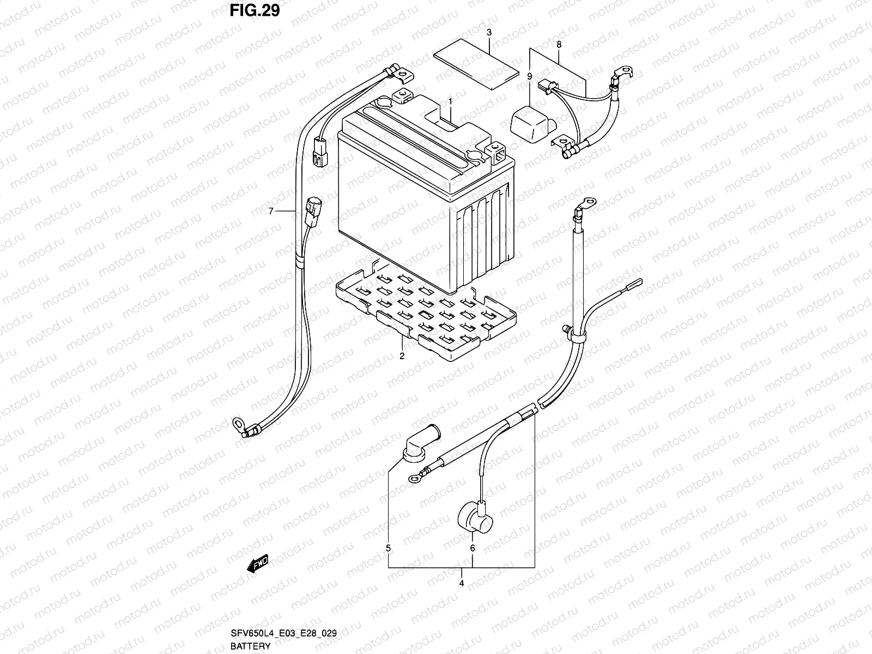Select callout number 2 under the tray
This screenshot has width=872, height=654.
click(x=402, y=356)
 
